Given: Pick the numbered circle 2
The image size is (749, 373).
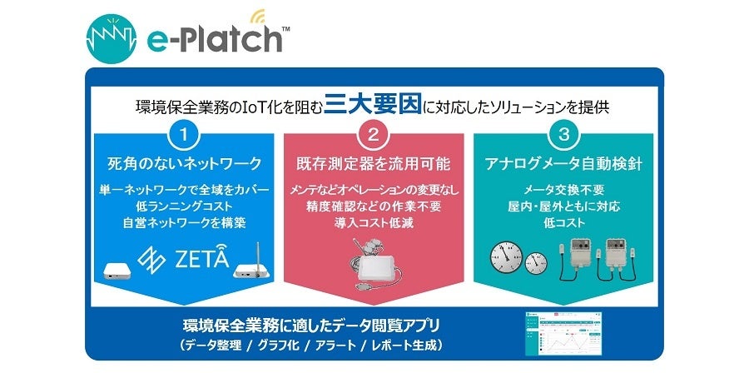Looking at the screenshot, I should click(374, 134).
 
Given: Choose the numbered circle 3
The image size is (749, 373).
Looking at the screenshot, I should click(565, 134).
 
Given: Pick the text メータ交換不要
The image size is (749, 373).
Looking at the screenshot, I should click(565, 189).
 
